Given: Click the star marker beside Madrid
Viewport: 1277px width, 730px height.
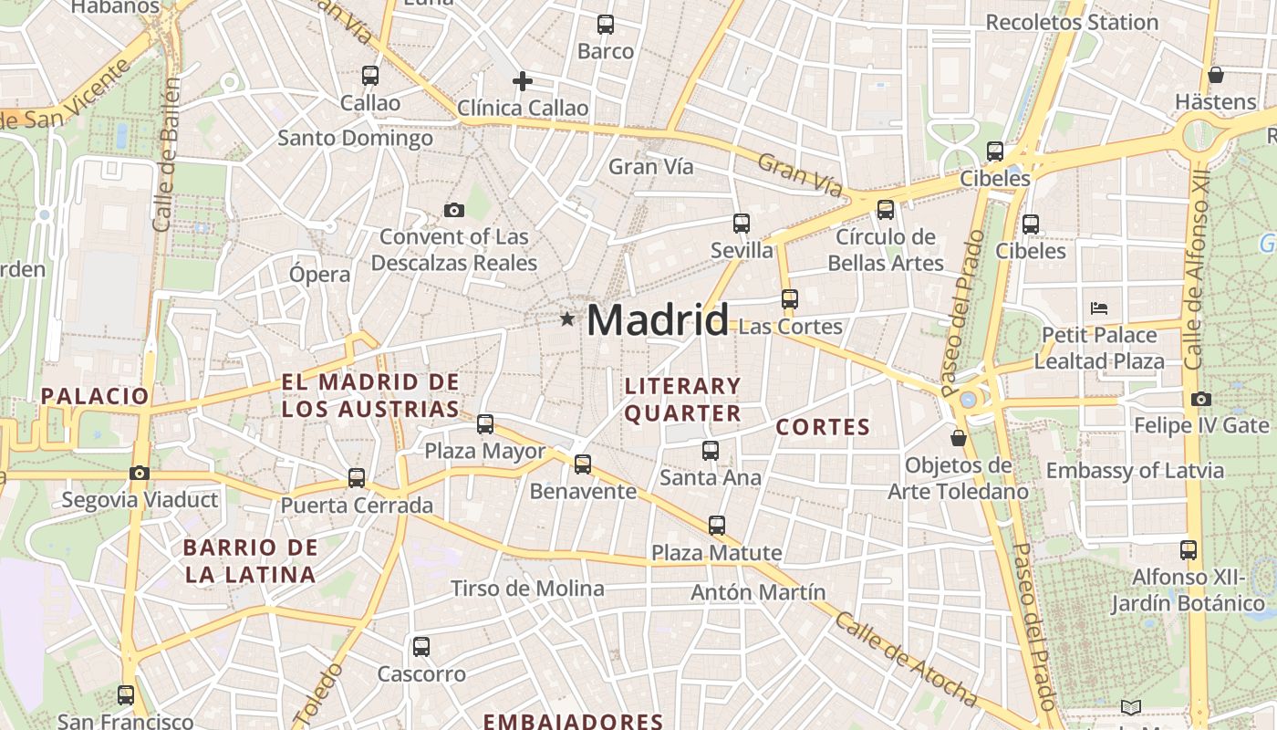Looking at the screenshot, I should [x=567, y=319].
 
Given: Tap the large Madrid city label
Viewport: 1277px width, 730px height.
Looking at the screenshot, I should [x=657, y=320].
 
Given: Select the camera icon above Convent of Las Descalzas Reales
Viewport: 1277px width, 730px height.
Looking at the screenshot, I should [x=453, y=211].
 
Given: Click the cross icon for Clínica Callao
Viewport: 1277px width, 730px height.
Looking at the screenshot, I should [x=522, y=81].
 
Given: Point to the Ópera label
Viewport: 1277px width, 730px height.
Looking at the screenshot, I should [x=319, y=275].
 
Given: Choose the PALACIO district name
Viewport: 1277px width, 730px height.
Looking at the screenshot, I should [x=94, y=396].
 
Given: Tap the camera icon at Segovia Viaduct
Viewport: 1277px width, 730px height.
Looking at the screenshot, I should [x=139, y=473].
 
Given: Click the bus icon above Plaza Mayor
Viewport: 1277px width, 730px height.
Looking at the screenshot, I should [x=485, y=423].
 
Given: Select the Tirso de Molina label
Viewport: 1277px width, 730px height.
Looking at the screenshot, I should [x=527, y=589].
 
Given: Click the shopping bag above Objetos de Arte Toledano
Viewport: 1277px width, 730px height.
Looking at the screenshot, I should [x=958, y=439].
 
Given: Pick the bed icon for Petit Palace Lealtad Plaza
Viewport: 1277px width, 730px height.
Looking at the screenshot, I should [x=1099, y=308].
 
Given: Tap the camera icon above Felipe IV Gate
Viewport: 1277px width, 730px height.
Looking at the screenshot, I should [x=1200, y=399].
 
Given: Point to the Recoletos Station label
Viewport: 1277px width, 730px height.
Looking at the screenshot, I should [x=1072, y=22].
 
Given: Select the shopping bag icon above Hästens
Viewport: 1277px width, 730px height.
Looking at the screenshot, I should [x=1215, y=74].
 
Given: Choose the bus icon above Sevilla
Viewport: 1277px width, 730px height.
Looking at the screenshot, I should [x=741, y=223].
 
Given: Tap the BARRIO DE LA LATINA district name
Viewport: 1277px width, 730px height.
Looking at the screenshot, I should [x=250, y=561].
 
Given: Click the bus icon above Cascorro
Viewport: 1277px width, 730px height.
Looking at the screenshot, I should [x=420, y=647].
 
